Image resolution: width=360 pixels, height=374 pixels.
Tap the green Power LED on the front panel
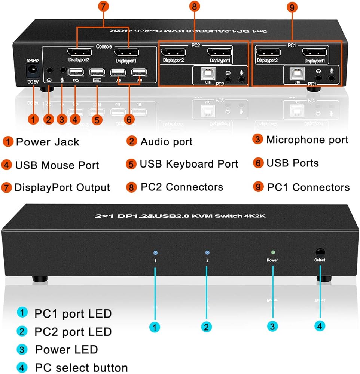pos(273,253)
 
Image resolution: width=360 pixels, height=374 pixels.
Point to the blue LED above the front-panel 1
pos(155,253)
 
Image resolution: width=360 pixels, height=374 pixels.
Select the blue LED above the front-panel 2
pos(207,253)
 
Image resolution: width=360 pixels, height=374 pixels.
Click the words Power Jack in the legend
pos(48,142)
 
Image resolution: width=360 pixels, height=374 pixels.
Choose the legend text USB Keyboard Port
pos(189,164)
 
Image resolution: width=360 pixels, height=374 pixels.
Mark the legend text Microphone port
pos(307,140)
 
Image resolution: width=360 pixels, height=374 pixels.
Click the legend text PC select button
pos(81,367)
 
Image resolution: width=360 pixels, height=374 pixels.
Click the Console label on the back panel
pos(104,47)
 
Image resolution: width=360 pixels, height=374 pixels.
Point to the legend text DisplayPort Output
pos(62,188)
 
